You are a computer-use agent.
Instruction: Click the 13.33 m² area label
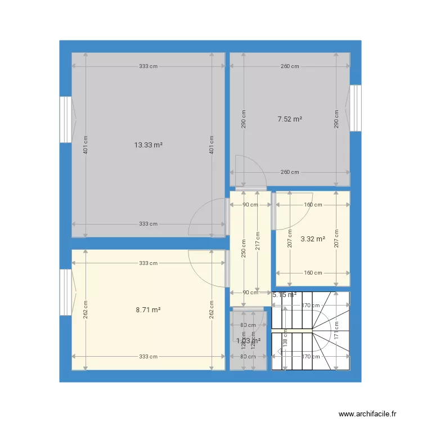pyautogui.click(x=148, y=145)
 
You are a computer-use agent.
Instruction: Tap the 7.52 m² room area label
pyautogui.click(x=290, y=119)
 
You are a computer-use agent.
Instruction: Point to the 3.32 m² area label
pyautogui.click(x=313, y=239)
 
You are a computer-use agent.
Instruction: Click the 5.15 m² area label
pyautogui.click(x=284, y=294)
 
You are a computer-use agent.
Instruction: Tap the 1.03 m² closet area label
pyautogui.click(x=248, y=340)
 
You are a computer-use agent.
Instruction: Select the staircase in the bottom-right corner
pyautogui.click(x=311, y=331)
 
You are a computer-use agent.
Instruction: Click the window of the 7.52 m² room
pyautogui.click(x=356, y=108)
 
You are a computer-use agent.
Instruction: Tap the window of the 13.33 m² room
pyautogui.click(x=66, y=119)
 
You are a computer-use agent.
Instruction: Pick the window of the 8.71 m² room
pyautogui.click(x=66, y=291)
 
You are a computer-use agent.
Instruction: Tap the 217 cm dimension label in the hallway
pyautogui.click(x=258, y=242)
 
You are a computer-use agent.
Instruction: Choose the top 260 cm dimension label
pyautogui.click(x=290, y=66)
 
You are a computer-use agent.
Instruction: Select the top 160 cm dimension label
pyautogui.click(x=313, y=205)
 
